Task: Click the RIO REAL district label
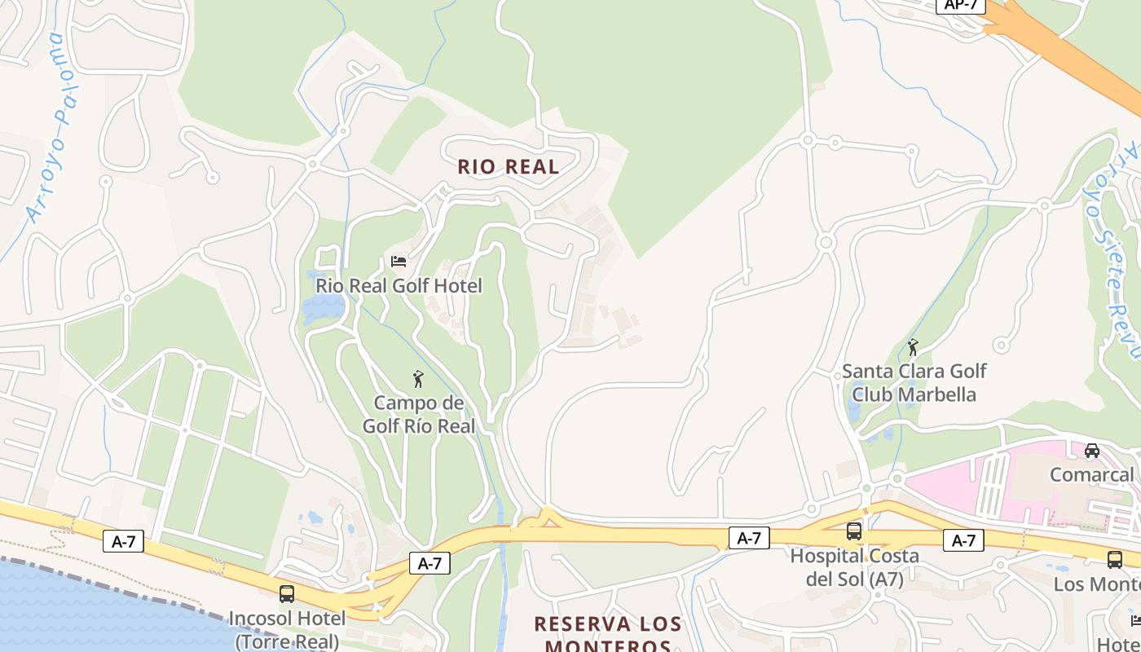(x=508, y=167)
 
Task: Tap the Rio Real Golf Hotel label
(x=399, y=286)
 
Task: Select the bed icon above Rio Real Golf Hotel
(x=399, y=262)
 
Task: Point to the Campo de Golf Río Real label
(x=418, y=414)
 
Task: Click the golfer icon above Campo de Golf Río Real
(x=418, y=379)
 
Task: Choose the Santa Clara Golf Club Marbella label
(x=914, y=383)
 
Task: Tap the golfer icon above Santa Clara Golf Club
(x=913, y=348)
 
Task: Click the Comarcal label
(x=1091, y=474)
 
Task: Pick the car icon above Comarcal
(x=1092, y=451)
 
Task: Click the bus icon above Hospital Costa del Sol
(x=854, y=531)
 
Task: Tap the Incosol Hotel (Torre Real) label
(x=287, y=629)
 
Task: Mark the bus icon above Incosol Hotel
(x=287, y=594)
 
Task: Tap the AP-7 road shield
(x=961, y=5)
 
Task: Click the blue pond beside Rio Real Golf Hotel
(x=324, y=308)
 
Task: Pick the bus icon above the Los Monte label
(x=1115, y=560)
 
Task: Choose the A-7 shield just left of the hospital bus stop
(x=748, y=538)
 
